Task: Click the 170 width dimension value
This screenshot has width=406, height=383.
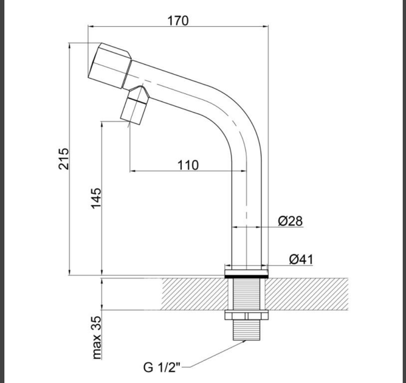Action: tap(178, 21)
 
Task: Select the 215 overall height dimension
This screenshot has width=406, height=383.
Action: tap(64, 159)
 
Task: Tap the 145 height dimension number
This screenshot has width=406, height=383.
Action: tap(96, 198)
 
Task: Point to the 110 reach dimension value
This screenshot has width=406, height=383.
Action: tap(188, 165)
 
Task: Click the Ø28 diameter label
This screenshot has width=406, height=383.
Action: tap(291, 221)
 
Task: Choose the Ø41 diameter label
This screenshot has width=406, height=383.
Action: tap(301, 259)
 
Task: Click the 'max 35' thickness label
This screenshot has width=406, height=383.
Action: tap(97, 337)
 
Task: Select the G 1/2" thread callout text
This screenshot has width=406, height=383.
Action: tap(162, 367)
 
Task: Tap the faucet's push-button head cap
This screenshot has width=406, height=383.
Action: tap(110, 66)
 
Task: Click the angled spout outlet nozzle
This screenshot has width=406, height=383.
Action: tap(135, 106)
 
